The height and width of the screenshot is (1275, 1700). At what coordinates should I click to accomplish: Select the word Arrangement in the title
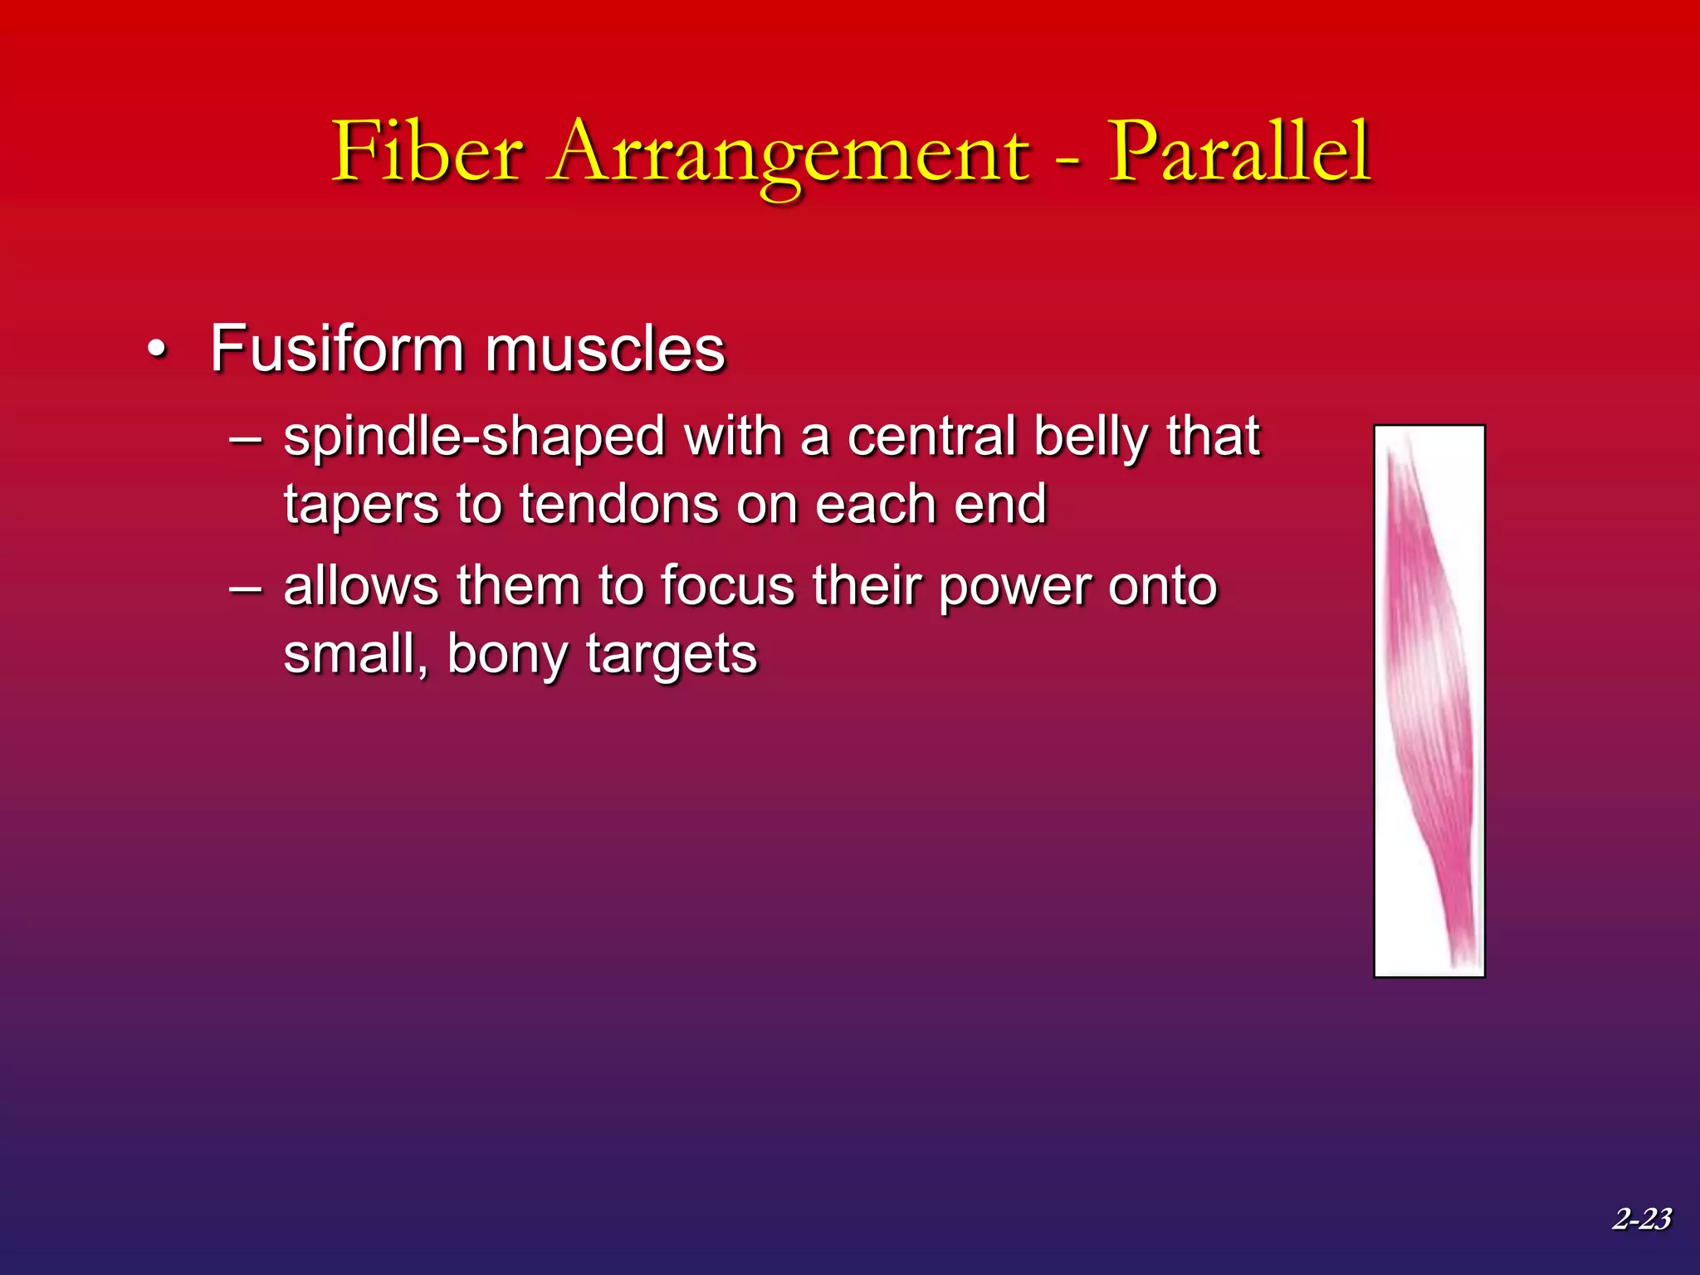789,154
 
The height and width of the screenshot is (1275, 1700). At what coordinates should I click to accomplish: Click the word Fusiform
336,349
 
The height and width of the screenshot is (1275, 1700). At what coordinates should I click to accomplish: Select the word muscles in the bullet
605,349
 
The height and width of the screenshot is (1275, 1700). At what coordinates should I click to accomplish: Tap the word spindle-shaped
474,437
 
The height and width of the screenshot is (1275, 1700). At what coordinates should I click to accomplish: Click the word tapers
361,506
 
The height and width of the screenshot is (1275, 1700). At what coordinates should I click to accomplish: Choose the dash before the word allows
246,588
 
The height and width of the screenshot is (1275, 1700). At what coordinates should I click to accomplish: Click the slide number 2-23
1641,1219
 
